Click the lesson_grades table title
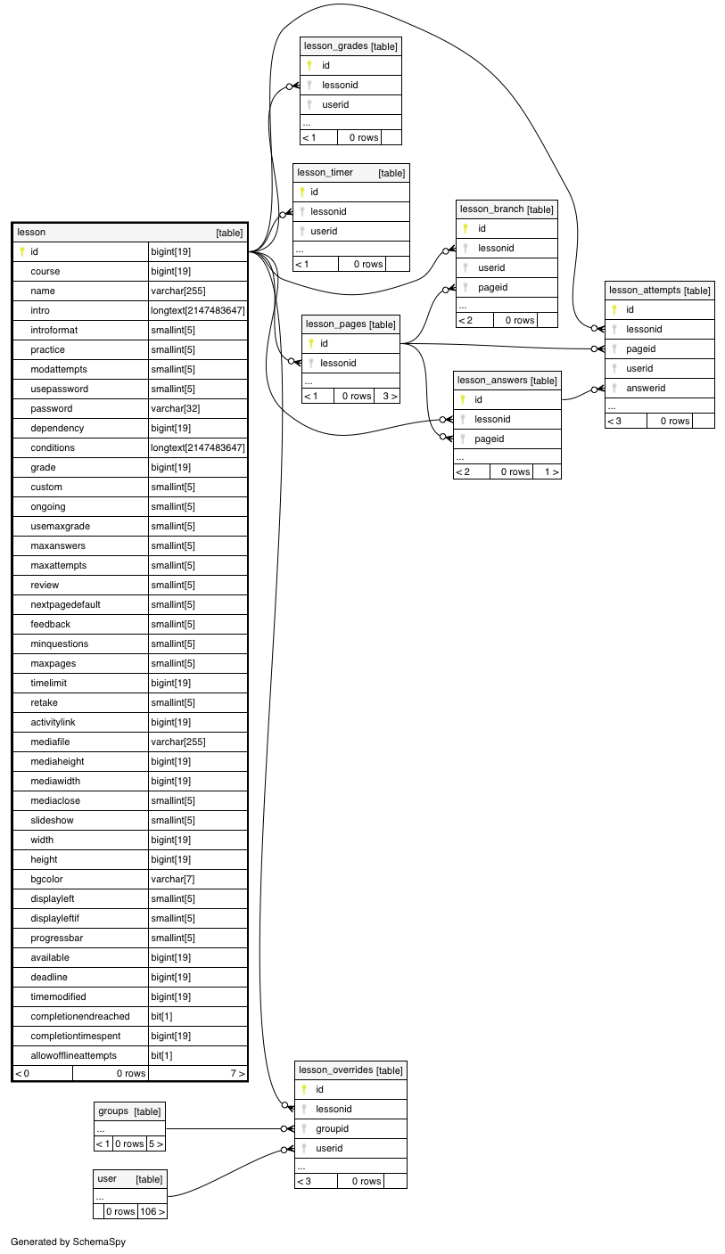(335, 46)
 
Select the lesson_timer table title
(325, 172)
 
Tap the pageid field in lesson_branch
(492, 287)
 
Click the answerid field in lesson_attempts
(646, 388)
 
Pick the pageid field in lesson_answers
(489, 438)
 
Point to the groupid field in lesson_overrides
(332, 1128)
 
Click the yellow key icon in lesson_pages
(311, 343)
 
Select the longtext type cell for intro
(197, 310)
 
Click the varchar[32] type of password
(175, 408)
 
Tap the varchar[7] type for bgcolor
(173, 879)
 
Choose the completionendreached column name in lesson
(80, 1016)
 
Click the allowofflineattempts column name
(73, 1055)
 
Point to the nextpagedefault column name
(66, 604)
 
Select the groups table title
(113, 1111)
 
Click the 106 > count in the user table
(152, 1211)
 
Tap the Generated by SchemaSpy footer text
(68, 1242)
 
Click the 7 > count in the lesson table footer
(237, 1073)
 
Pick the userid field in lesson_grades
(335, 104)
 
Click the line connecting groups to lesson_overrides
(224, 1128)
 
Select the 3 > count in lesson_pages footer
(390, 396)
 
